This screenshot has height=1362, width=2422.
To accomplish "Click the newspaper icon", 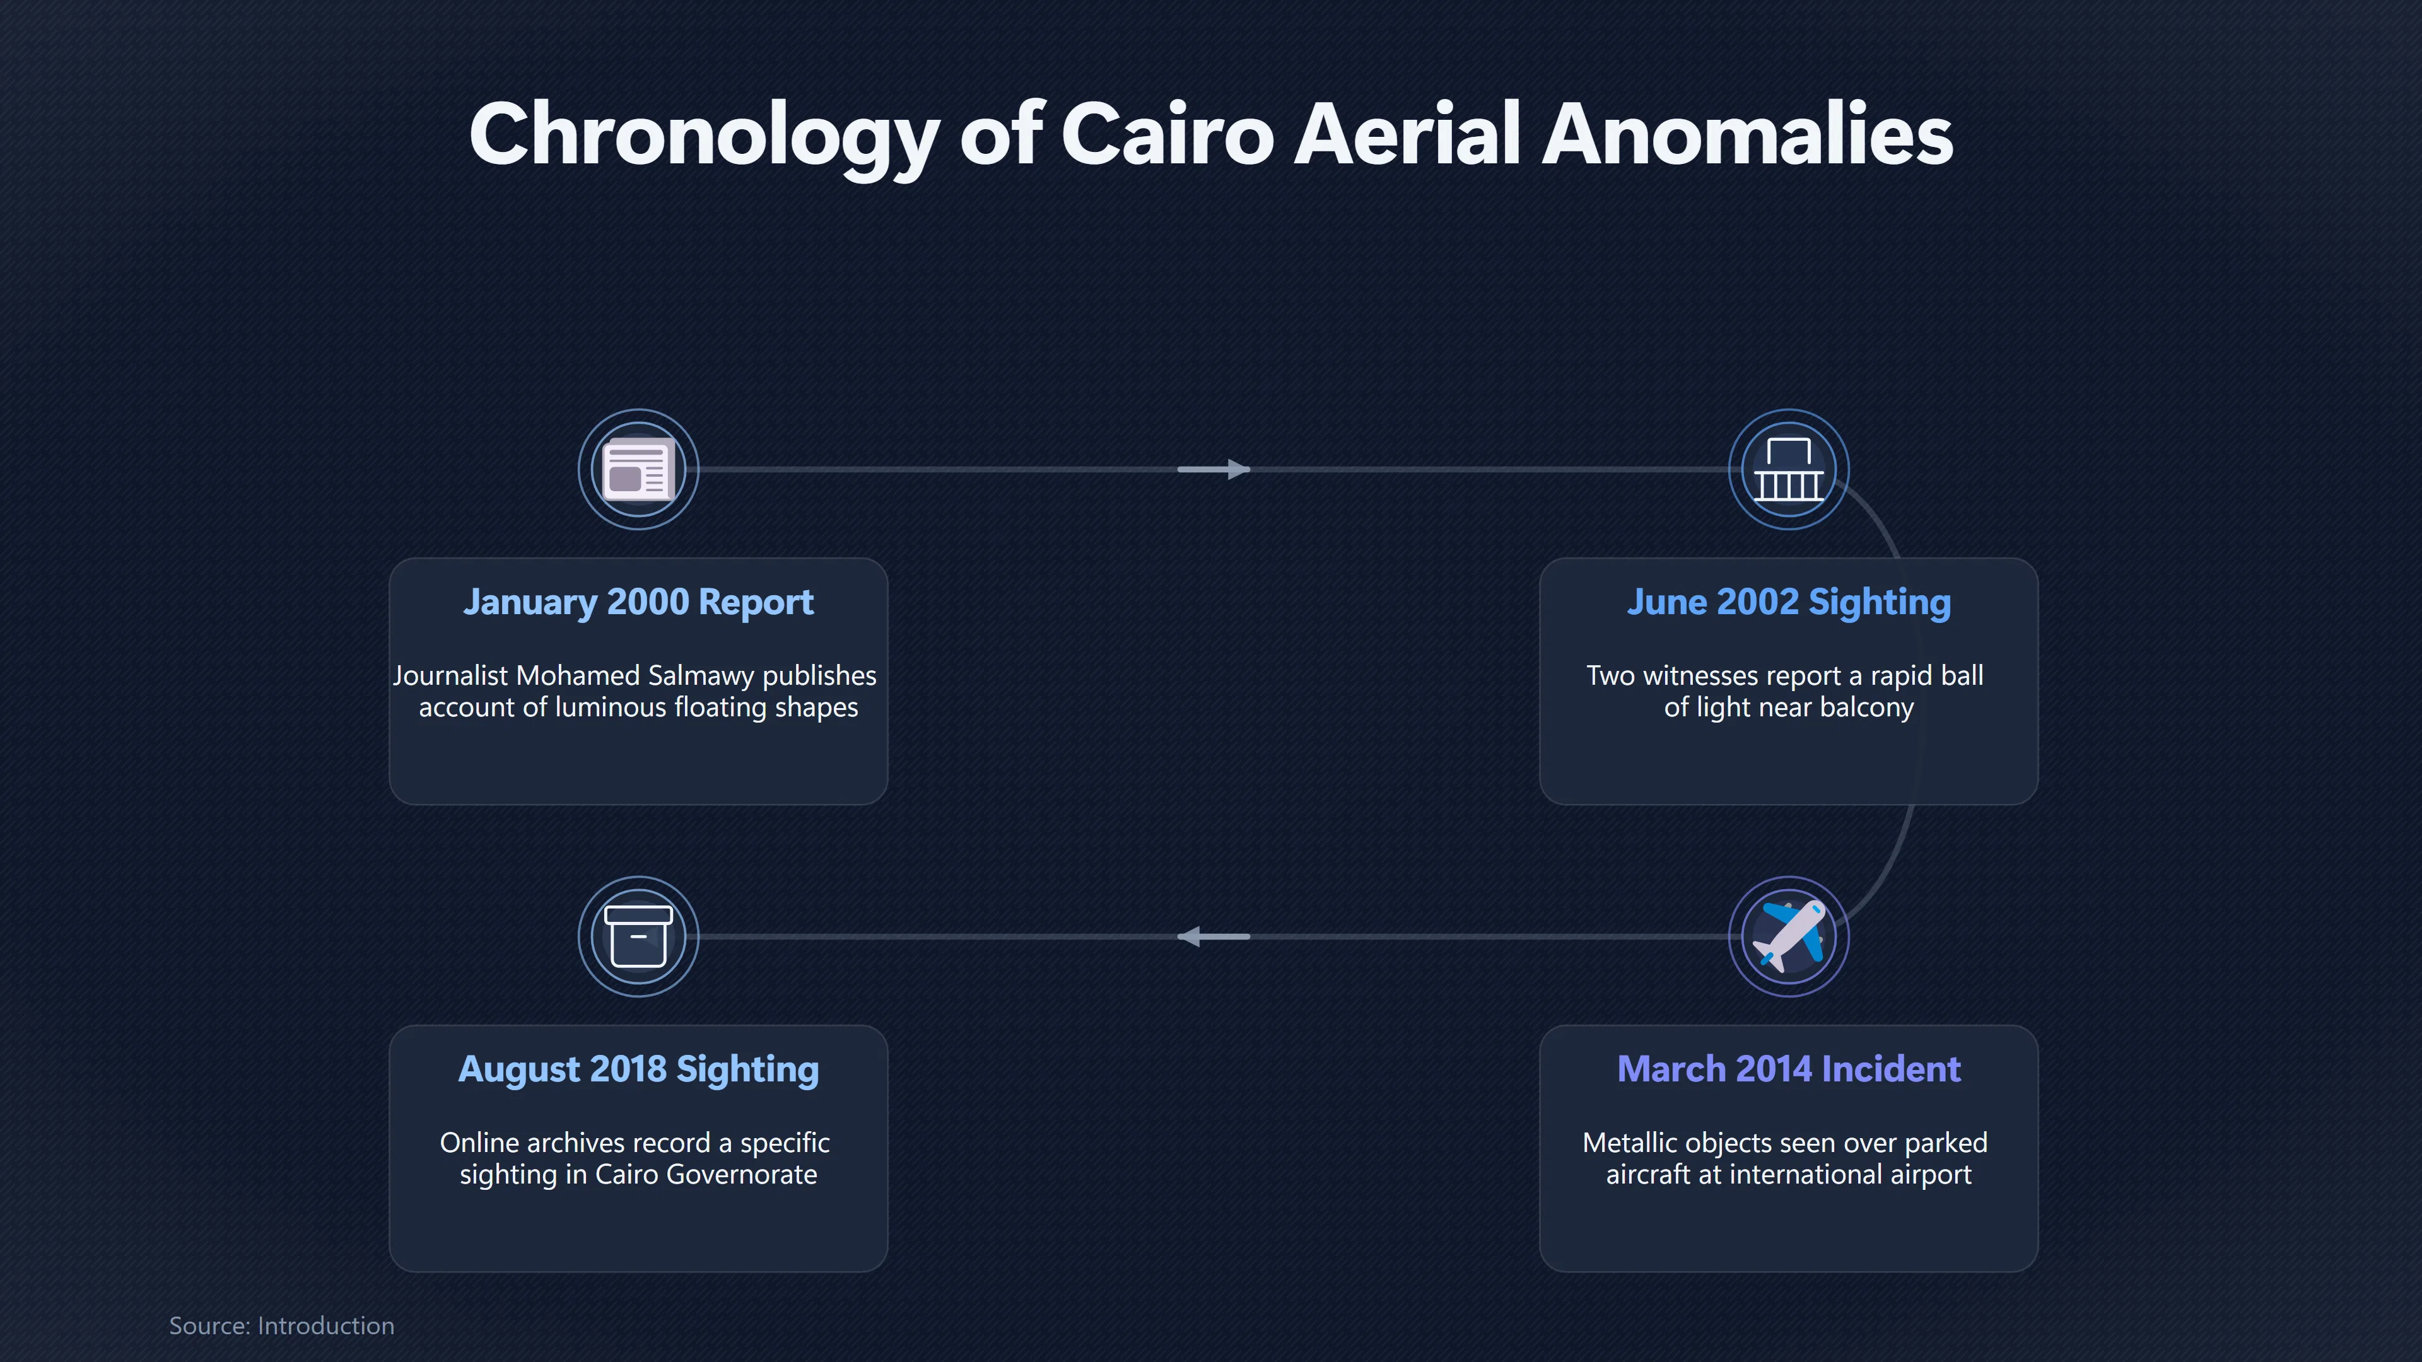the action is coord(638,469).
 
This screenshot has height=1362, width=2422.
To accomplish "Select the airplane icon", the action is coord(1788,936).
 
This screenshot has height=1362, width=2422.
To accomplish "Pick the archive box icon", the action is coord(638,936).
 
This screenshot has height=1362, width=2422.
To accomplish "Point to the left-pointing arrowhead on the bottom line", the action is coord(1190,936).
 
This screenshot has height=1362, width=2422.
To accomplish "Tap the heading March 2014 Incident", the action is coord(1788,1069).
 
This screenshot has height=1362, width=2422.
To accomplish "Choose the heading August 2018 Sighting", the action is coord(638,1069).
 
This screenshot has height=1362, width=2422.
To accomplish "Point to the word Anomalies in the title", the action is coord(1747,134).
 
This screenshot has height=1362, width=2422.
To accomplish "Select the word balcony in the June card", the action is coord(1866,707).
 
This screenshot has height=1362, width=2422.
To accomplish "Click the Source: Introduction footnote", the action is coord(281,1325).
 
